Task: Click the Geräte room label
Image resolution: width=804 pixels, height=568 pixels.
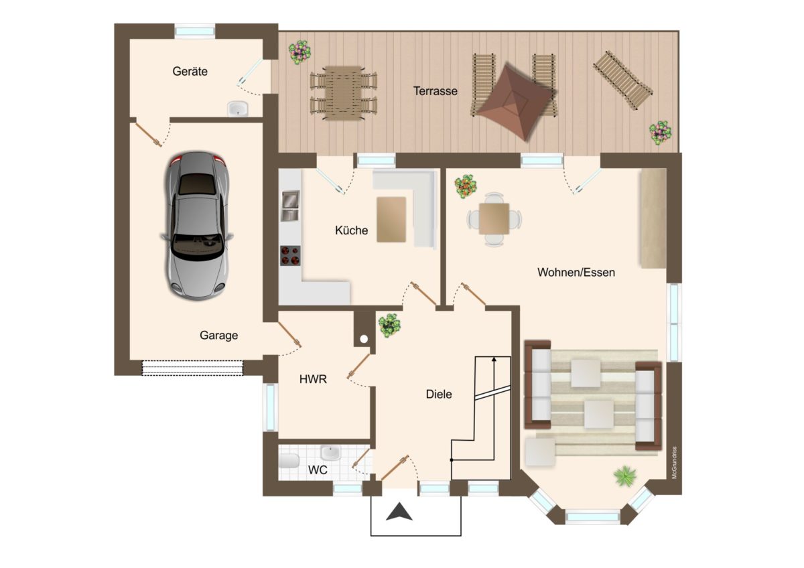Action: pyautogui.click(x=190, y=72)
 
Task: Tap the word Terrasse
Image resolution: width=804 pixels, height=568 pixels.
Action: pyautogui.click(x=435, y=91)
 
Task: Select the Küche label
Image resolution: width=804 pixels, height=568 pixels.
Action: pyautogui.click(x=351, y=230)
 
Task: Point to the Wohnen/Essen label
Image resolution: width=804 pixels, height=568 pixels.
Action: pyautogui.click(x=576, y=273)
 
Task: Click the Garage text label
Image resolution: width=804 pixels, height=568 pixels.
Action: pyautogui.click(x=218, y=336)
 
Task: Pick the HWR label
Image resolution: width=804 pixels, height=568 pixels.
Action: pyautogui.click(x=313, y=379)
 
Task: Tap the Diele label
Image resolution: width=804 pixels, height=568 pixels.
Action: pyautogui.click(x=439, y=395)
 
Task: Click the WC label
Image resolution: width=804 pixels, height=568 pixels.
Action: pyautogui.click(x=318, y=470)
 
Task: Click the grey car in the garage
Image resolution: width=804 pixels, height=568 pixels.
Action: pyautogui.click(x=196, y=226)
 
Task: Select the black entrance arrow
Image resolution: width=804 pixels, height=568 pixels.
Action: pyautogui.click(x=399, y=512)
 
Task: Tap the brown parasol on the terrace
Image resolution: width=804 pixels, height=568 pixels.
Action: pyautogui.click(x=516, y=102)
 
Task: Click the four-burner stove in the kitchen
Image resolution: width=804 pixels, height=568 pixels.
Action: pyautogui.click(x=290, y=255)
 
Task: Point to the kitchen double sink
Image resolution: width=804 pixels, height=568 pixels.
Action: pyautogui.click(x=290, y=206)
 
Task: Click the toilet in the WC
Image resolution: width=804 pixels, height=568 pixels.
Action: pyautogui.click(x=289, y=461)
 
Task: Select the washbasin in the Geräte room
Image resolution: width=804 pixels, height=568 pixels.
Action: pyautogui.click(x=238, y=109)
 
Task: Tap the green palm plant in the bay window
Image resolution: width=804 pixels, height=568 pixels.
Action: pyautogui.click(x=625, y=476)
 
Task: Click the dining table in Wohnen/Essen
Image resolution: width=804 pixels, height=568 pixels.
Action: pyautogui.click(x=494, y=218)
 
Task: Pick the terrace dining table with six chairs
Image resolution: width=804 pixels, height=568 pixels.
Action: pyautogui.click(x=344, y=93)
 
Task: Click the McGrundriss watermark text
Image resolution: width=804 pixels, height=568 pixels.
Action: pyautogui.click(x=675, y=463)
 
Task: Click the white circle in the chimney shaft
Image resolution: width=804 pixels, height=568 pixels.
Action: pyautogui.click(x=364, y=339)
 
